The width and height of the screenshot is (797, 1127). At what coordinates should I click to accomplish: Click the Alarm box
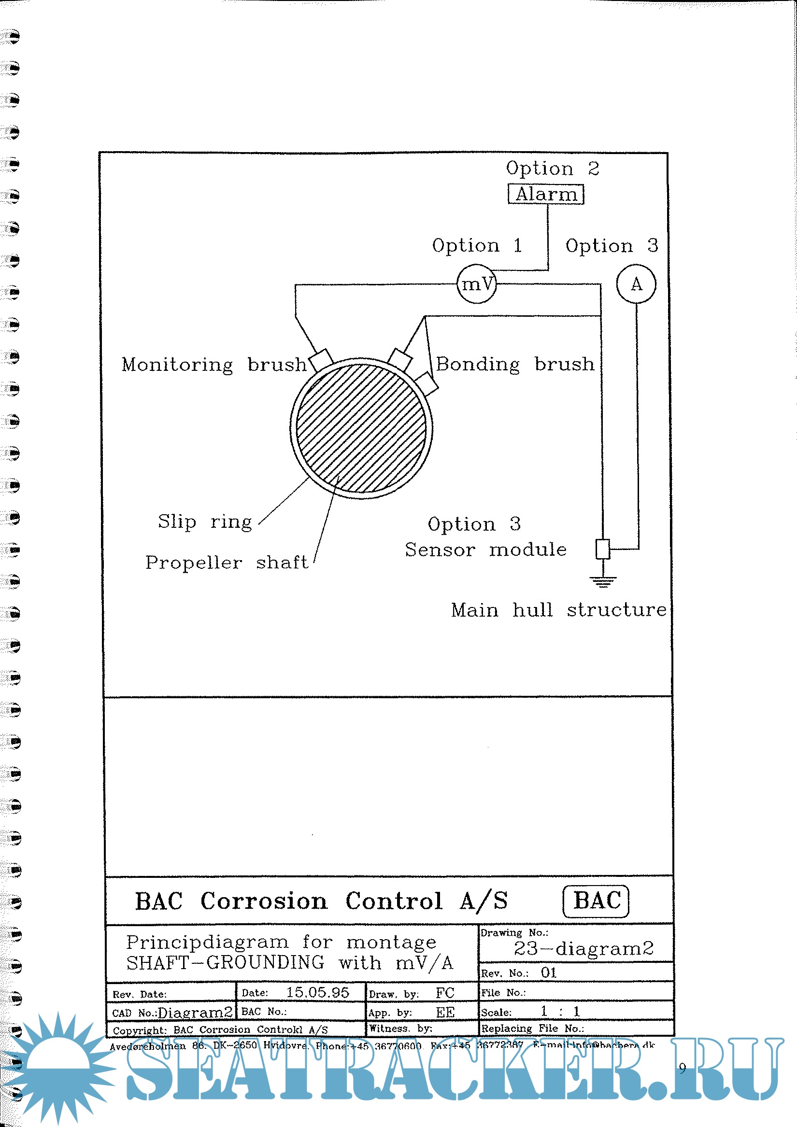coord(545,194)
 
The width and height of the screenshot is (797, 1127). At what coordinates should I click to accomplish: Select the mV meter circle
coord(476,284)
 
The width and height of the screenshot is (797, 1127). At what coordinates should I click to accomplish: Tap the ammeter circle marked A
coord(636,284)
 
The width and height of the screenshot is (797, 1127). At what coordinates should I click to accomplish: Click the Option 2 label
coord(553,169)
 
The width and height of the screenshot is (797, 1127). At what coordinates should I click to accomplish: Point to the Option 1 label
coord(476,245)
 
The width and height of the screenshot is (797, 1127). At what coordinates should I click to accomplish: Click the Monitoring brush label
coord(214,365)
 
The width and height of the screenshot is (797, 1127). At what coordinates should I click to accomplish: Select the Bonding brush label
coord(515,364)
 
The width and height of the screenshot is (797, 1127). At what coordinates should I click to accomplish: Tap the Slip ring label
coord(205,521)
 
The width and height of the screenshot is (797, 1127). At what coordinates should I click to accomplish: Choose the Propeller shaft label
coord(227,563)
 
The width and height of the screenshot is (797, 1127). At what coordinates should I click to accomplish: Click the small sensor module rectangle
coord(602,549)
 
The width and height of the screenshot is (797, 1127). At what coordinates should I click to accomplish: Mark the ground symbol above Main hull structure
coord(602,582)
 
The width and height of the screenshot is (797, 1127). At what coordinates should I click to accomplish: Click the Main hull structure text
coord(559,610)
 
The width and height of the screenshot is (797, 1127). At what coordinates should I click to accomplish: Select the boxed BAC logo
coord(596,901)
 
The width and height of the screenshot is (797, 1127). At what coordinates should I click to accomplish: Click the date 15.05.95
coord(318,992)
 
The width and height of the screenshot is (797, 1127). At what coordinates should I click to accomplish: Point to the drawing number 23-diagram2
coord(584,948)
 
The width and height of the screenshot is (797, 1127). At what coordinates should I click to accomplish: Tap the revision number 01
coord(549,973)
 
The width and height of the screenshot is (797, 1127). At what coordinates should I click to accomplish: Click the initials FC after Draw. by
coord(445,993)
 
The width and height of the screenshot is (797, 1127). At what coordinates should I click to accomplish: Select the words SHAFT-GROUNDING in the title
coord(226,962)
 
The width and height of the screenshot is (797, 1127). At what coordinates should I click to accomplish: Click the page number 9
coord(682,1068)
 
